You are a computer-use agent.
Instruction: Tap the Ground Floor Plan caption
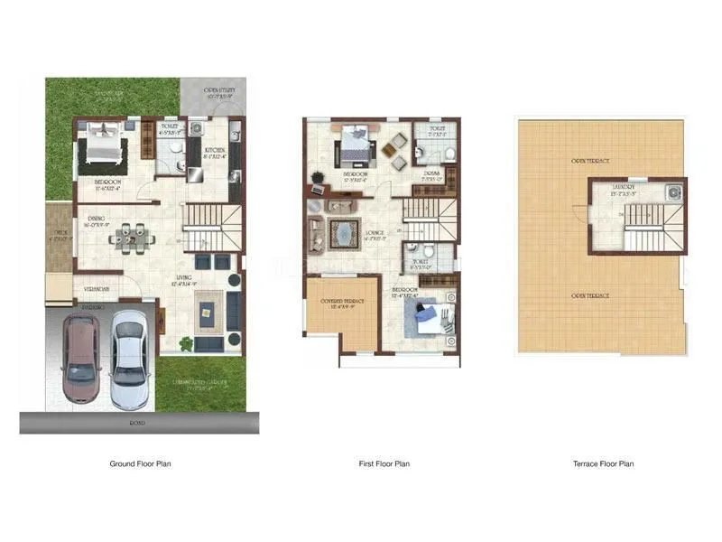[141, 463]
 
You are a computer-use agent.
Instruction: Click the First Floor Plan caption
[384, 463]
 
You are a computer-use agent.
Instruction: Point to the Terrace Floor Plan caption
[603, 463]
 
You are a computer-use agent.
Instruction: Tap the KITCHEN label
[214, 150]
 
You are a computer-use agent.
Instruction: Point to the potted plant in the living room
[187, 343]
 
